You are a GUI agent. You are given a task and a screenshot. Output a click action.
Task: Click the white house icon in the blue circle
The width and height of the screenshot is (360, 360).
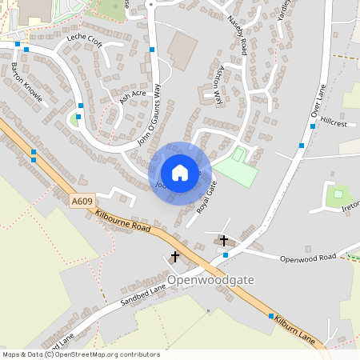180,172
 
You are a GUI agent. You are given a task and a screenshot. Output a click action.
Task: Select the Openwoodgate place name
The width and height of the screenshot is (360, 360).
213,281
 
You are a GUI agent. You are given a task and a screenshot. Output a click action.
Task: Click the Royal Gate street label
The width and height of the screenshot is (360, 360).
207,198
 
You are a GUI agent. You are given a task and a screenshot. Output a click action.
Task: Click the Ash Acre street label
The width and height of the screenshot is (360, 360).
134,97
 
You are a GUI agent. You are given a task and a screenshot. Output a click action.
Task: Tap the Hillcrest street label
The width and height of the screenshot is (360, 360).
334,124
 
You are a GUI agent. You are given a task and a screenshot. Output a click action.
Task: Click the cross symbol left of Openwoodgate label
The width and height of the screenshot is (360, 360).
175,257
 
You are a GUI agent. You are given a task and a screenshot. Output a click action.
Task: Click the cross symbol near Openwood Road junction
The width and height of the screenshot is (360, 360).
224,240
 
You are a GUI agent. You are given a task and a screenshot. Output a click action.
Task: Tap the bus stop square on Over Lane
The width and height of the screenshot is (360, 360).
301,146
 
